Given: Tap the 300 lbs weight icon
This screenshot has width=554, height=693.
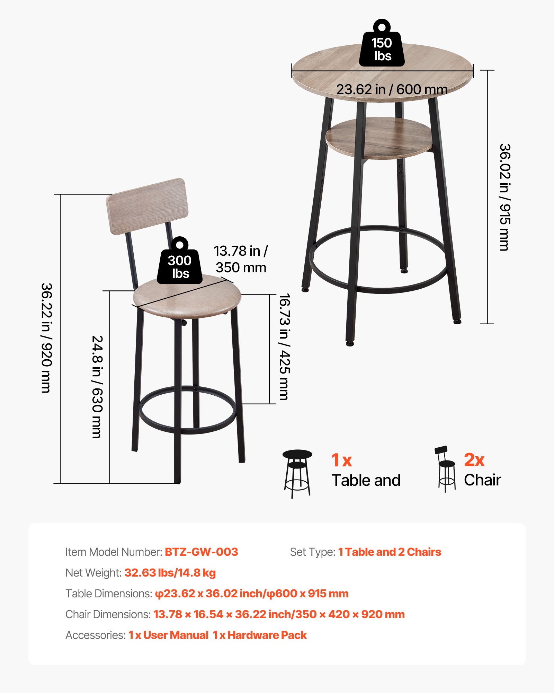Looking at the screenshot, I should click(x=179, y=263).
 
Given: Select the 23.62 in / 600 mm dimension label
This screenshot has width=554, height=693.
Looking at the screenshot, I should click(x=392, y=90).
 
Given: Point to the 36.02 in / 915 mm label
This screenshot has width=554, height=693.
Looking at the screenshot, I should click(x=504, y=197).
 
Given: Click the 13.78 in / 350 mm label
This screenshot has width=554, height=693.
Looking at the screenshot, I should click(x=241, y=259).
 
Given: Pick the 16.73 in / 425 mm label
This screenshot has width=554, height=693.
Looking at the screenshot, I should click(x=284, y=347).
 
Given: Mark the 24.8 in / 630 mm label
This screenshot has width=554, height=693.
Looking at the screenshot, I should click(x=97, y=386).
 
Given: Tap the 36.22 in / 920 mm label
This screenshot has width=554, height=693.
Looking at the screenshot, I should click(x=46, y=338).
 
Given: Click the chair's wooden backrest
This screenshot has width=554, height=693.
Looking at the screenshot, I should click(x=148, y=206).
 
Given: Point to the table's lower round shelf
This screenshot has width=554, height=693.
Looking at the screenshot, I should click(x=379, y=138).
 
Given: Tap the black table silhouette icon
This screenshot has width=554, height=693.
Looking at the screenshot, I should click(x=297, y=473).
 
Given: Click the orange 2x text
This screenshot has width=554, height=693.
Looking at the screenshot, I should click(x=474, y=460).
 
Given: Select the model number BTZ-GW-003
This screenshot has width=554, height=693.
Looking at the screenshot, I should click(x=201, y=552).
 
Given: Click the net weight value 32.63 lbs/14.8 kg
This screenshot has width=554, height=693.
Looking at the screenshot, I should click(x=170, y=573).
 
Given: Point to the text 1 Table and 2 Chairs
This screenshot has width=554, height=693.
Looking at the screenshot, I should click(x=390, y=552).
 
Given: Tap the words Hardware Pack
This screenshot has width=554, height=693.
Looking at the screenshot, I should click(x=267, y=635).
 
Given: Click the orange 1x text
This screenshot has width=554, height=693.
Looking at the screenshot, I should click(x=341, y=460).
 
